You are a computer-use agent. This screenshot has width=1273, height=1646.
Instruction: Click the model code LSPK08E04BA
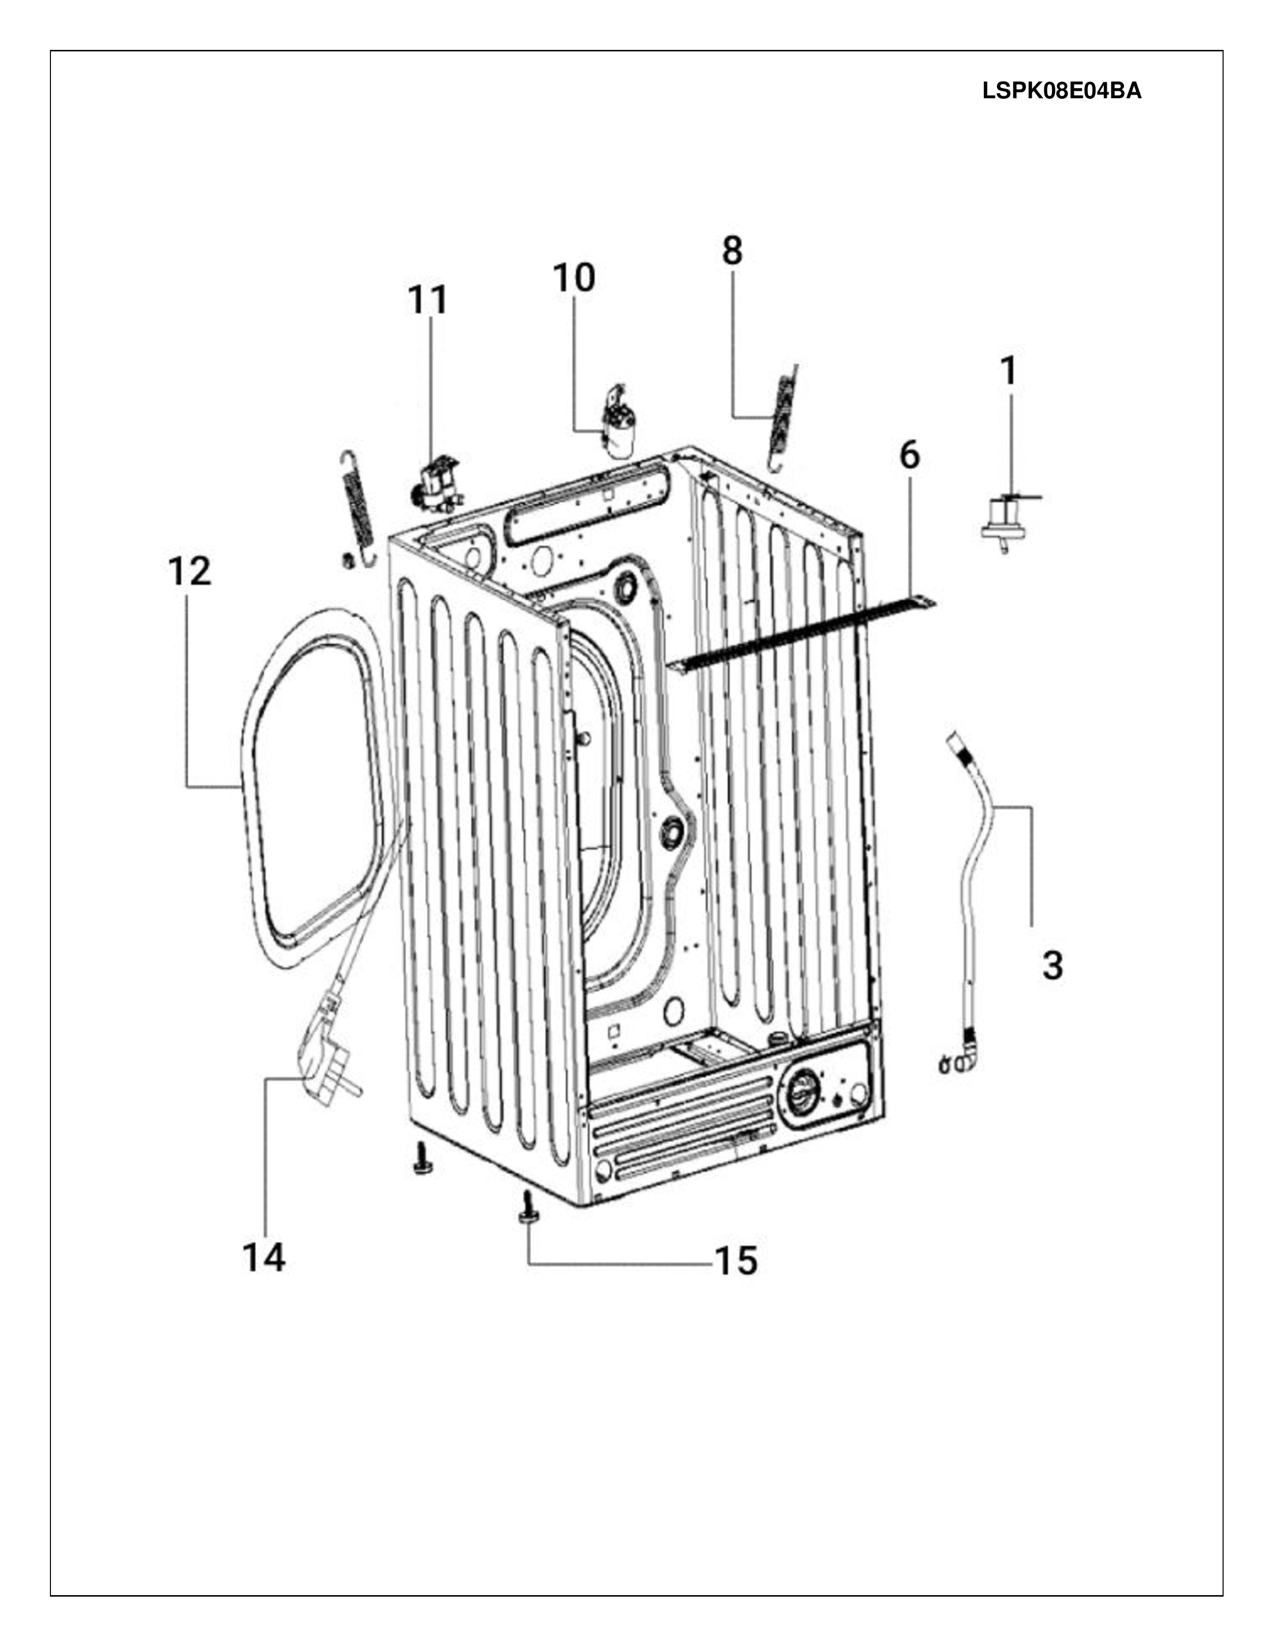tap(1062, 91)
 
